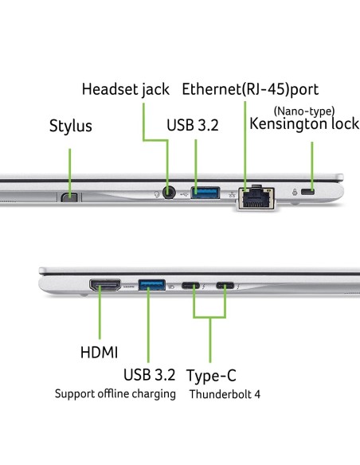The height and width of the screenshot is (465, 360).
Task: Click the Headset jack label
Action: click(125, 89)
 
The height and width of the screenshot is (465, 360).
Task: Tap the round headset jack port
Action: click(169, 192)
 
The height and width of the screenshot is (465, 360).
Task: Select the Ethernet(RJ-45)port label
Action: click(250, 89)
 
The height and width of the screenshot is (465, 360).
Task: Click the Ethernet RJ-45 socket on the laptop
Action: click(256, 197)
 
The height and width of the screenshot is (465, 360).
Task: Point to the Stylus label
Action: click(71, 126)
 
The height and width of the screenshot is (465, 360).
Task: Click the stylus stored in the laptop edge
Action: click(69, 197)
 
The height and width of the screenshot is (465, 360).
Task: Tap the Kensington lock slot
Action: click(307, 192)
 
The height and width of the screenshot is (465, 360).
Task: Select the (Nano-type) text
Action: click(304, 111)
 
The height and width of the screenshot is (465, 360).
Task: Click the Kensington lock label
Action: click(304, 124)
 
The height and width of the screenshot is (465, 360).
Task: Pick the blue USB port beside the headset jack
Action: click(205, 193)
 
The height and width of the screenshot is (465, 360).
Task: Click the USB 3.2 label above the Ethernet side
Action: click(193, 125)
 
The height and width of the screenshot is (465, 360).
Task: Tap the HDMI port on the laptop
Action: click(105, 285)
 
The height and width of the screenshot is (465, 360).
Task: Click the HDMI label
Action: click(99, 353)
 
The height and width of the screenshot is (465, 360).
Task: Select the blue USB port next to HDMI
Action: click(152, 285)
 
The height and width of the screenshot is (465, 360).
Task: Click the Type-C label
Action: click(211, 376)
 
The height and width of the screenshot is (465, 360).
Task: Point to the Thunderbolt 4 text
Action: click(225, 394)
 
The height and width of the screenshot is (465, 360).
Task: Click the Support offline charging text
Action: click(115, 394)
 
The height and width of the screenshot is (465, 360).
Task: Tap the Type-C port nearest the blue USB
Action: click(190, 286)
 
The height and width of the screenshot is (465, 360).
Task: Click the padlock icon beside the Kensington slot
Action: click(295, 192)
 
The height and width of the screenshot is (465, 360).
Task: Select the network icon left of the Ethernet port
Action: click(232, 194)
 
